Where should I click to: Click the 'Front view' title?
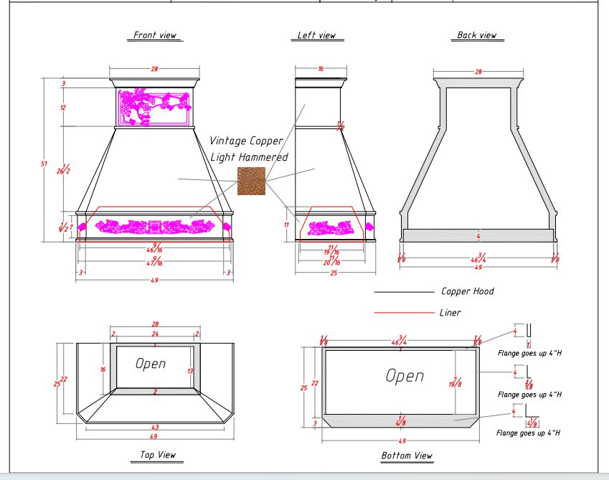click(154, 35)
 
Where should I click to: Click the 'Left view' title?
click(316, 35)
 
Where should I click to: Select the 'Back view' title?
click(476, 35)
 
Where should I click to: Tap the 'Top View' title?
click(158, 455)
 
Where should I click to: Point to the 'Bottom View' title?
click(407, 456)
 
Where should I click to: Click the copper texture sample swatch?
click(251, 181)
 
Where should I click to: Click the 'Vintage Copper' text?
click(246, 141)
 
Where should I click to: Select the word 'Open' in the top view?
click(151, 364)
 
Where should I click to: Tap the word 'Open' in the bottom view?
click(405, 376)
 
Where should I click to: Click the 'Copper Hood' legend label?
click(467, 291)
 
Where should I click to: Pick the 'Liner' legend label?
click(450, 313)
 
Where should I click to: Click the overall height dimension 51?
click(44, 164)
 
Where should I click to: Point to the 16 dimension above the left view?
click(321, 70)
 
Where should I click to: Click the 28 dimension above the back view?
click(478, 72)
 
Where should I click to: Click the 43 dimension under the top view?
click(155, 428)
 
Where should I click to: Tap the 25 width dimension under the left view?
click(334, 273)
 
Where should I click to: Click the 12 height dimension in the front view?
click(63, 108)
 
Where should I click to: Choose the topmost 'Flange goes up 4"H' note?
click(529, 353)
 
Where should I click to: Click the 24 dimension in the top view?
click(156, 334)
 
